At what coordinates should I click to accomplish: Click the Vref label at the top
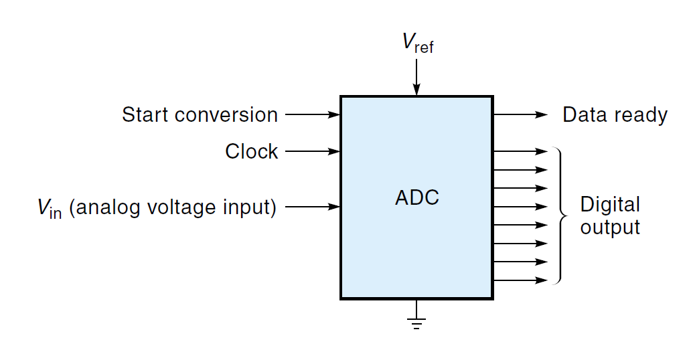point(418,43)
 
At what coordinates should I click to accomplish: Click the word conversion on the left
point(226,115)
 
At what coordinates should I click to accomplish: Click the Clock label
point(251,152)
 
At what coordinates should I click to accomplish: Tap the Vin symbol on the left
point(50,208)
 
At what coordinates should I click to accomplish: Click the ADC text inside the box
point(417,198)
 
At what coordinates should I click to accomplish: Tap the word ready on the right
point(641,116)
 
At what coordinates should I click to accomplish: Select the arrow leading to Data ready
point(521,114)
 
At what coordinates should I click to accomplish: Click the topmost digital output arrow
point(521,151)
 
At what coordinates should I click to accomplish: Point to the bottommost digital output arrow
point(521,280)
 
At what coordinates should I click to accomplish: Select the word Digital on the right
point(610,204)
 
